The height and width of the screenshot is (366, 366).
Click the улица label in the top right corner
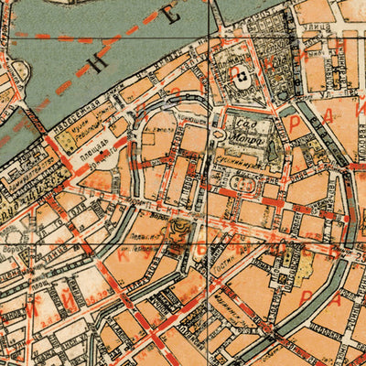315,29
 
